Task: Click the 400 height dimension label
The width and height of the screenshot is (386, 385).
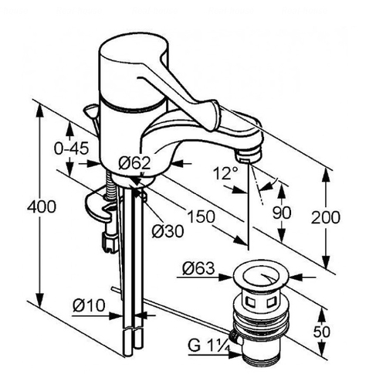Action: (x=42, y=206)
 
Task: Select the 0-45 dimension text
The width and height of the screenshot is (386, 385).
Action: (x=72, y=148)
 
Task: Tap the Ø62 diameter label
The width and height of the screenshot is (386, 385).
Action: (x=134, y=163)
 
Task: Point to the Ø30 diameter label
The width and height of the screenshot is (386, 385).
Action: (x=168, y=230)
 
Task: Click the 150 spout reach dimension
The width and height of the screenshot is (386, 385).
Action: (x=201, y=216)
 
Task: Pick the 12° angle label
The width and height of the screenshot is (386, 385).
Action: (x=225, y=173)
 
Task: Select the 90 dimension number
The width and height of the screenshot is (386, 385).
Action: (x=282, y=213)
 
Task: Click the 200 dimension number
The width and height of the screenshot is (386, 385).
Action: (x=326, y=217)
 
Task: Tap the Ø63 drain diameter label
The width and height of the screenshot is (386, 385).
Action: (x=198, y=268)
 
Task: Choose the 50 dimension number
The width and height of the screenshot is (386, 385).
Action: (x=321, y=332)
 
